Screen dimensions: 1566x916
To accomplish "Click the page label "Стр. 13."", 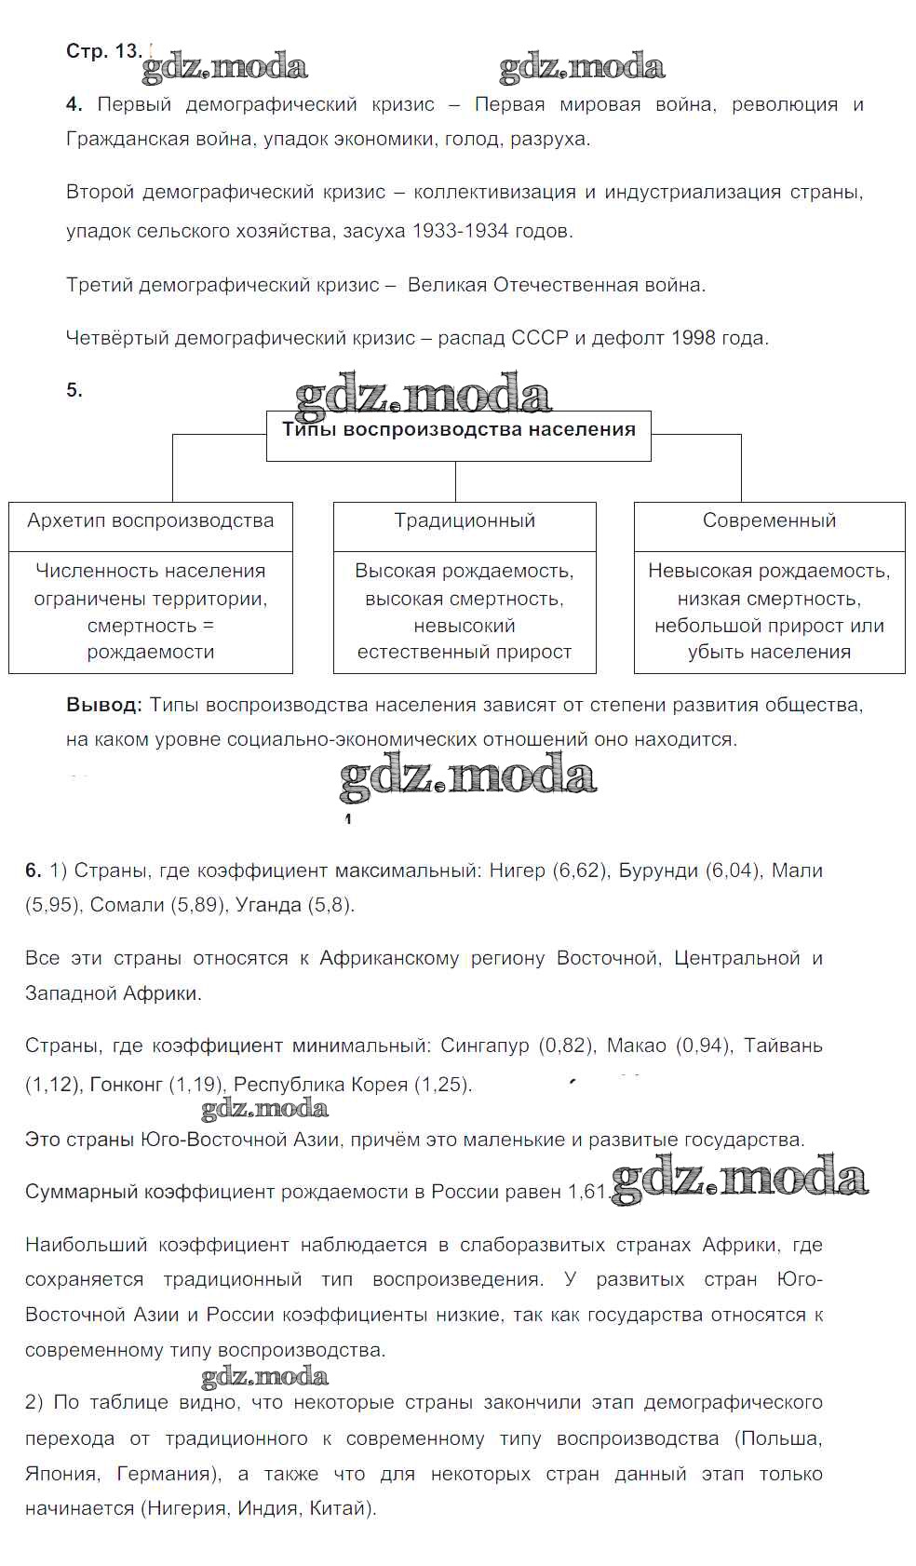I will [x=103, y=51].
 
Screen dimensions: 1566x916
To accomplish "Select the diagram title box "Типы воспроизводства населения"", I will [x=458, y=431].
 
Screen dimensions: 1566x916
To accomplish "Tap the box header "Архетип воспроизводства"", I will [x=151, y=520].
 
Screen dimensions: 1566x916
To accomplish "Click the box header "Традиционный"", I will [x=465, y=520].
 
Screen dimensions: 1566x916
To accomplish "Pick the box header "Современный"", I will [x=769, y=520].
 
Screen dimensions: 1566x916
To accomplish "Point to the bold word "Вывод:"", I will [x=104, y=705].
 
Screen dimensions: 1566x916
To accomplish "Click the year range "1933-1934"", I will [x=463, y=231].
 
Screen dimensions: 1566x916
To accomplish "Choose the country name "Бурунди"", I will [x=658, y=871].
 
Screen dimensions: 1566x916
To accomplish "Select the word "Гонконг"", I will [x=126, y=1085].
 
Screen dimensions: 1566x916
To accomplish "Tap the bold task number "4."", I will [x=74, y=105].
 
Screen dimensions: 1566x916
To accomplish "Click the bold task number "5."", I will [x=74, y=390].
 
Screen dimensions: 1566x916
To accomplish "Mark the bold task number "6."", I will [x=34, y=871].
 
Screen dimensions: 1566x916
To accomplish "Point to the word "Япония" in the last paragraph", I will [x=61, y=1474].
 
